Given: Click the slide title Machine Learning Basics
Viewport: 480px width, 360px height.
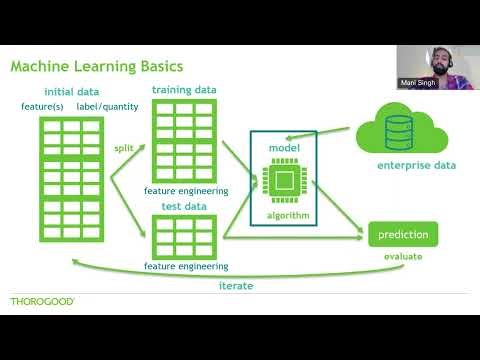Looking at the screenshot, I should coord(96,67).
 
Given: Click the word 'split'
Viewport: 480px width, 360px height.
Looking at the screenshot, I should coord(123,148).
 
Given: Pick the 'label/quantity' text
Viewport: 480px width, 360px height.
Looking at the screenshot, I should coord(107,106).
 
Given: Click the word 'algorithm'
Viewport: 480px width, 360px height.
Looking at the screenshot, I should coord(286,215).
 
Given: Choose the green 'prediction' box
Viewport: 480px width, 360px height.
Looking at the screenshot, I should coord(403,235).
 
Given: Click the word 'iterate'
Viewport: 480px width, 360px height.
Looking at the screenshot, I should coord(237,285).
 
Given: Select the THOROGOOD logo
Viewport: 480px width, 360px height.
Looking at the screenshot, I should coord(42,301).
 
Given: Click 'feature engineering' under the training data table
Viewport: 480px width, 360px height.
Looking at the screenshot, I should coord(186,190).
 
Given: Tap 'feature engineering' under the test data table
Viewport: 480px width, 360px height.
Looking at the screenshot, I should coord(186,266).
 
